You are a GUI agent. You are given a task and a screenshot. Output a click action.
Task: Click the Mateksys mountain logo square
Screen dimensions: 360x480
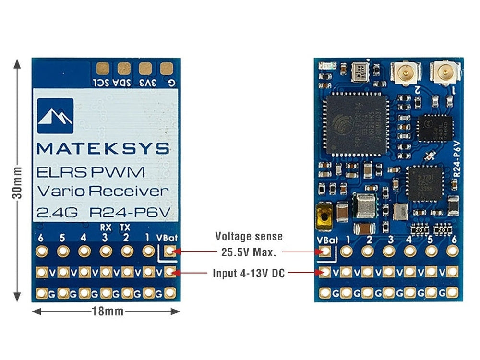[x=55, y=116]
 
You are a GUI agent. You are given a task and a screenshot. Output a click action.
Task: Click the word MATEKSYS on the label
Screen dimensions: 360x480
[x=103, y=148]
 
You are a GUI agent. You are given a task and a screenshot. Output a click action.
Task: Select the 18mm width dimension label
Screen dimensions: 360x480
[x=107, y=312]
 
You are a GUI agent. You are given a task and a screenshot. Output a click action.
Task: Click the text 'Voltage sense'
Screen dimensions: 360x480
[x=249, y=236]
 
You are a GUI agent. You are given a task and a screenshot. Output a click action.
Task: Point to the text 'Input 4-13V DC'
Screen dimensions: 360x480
[x=249, y=274]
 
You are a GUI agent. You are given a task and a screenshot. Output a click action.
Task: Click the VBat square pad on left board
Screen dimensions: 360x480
[x=169, y=251]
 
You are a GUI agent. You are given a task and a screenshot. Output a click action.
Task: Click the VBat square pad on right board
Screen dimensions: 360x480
[x=325, y=251]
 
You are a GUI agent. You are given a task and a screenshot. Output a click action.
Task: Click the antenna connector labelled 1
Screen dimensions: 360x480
[x=443, y=73]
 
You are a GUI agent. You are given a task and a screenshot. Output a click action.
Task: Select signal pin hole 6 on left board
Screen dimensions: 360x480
[x=41, y=251]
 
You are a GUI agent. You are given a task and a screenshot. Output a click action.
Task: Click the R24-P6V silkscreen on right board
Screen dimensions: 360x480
[x=457, y=158]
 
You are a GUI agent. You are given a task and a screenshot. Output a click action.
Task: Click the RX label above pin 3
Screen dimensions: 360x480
[x=105, y=227]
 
